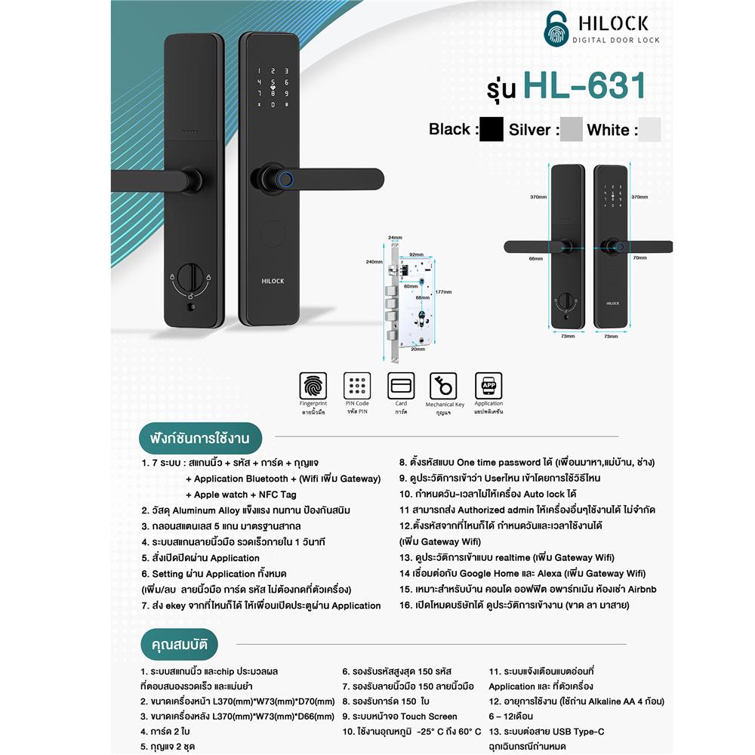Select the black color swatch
pyautogui.click(x=491, y=129)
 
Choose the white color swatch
pyautogui.click(x=649, y=129)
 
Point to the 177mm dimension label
pyautogui.click(x=443, y=292)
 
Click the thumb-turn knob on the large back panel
pyautogui.click(x=190, y=277)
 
